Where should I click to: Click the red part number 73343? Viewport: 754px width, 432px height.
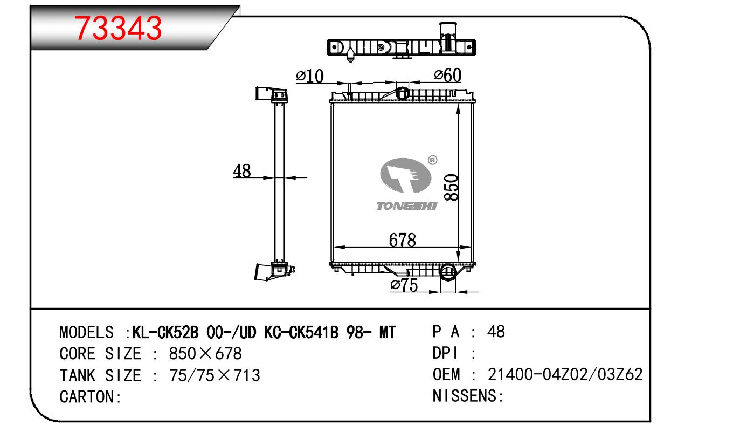[118, 28]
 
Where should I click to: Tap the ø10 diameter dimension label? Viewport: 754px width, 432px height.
[310, 76]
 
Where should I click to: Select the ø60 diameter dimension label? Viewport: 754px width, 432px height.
[447, 75]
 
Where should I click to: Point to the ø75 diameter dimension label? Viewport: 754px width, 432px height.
[404, 285]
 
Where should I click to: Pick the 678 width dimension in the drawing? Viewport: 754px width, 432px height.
[402, 240]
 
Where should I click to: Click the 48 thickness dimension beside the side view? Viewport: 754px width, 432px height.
[241, 171]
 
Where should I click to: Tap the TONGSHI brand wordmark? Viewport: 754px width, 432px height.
[406, 206]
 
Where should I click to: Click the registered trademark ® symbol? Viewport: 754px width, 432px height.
[433, 160]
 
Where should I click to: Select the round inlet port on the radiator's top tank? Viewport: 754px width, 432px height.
[402, 93]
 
